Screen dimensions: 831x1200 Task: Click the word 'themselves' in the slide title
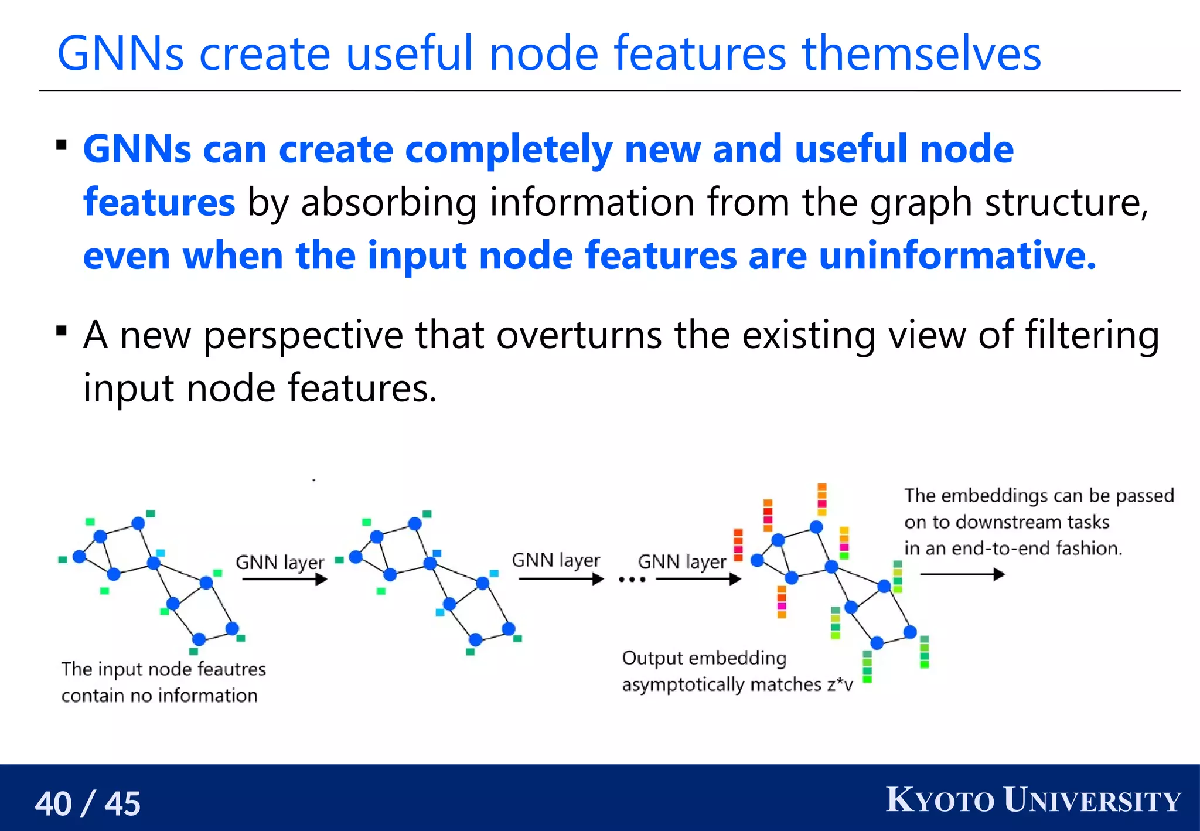[921, 54]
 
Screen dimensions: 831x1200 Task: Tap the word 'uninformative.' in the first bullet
[957, 256]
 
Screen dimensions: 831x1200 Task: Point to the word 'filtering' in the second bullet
[1092, 335]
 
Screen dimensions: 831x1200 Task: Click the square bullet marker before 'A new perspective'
[62, 332]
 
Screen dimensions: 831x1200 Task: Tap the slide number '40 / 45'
[88, 803]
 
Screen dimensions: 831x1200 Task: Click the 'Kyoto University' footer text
[1033, 801]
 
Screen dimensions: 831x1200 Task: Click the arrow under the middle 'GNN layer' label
[561, 580]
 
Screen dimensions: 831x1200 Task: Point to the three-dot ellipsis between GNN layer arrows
[632, 580]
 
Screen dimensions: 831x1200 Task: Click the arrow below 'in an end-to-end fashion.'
[962, 574]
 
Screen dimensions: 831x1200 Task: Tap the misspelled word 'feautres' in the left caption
[231, 669]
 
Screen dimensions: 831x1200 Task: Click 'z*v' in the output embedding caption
[840, 684]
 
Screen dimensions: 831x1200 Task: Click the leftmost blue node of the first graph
[79, 556]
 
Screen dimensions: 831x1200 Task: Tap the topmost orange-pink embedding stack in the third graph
[822, 499]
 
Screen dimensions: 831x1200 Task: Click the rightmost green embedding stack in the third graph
[925, 652]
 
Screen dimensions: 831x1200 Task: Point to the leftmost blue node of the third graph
[757, 560]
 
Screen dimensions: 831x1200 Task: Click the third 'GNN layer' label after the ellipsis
[682, 561]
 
